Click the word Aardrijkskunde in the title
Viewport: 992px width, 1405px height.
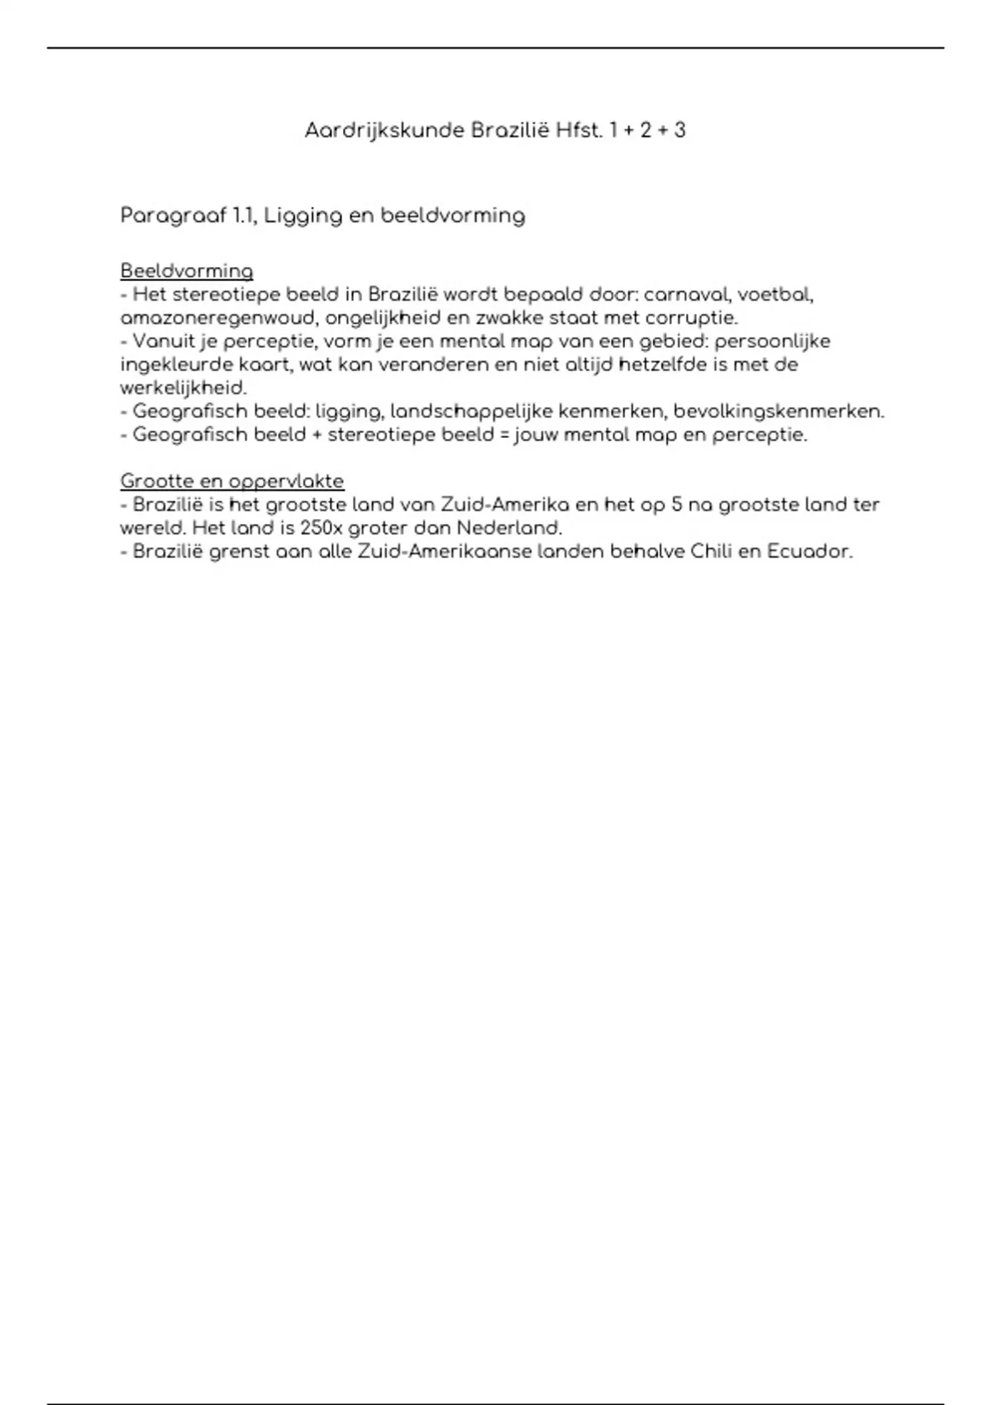384,131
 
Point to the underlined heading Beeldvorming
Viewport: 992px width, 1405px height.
187,271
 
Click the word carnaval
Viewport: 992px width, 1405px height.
684,294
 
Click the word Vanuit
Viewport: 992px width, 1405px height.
162,341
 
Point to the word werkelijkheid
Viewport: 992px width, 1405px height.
184,388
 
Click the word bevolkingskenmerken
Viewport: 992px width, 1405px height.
779,411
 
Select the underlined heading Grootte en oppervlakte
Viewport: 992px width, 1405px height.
232,481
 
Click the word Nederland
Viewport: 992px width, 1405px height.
508,527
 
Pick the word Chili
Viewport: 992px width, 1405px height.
711,551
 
